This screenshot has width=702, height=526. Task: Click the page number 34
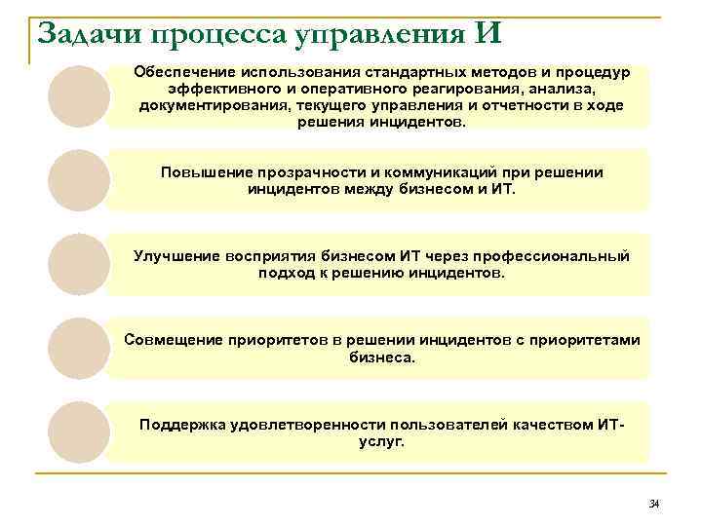click(653, 503)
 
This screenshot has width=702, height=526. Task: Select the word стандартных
click(412, 73)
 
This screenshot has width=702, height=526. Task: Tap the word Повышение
click(201, 172)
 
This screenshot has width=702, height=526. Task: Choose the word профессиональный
click(545, 256)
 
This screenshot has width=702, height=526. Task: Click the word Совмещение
click(172, 340)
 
